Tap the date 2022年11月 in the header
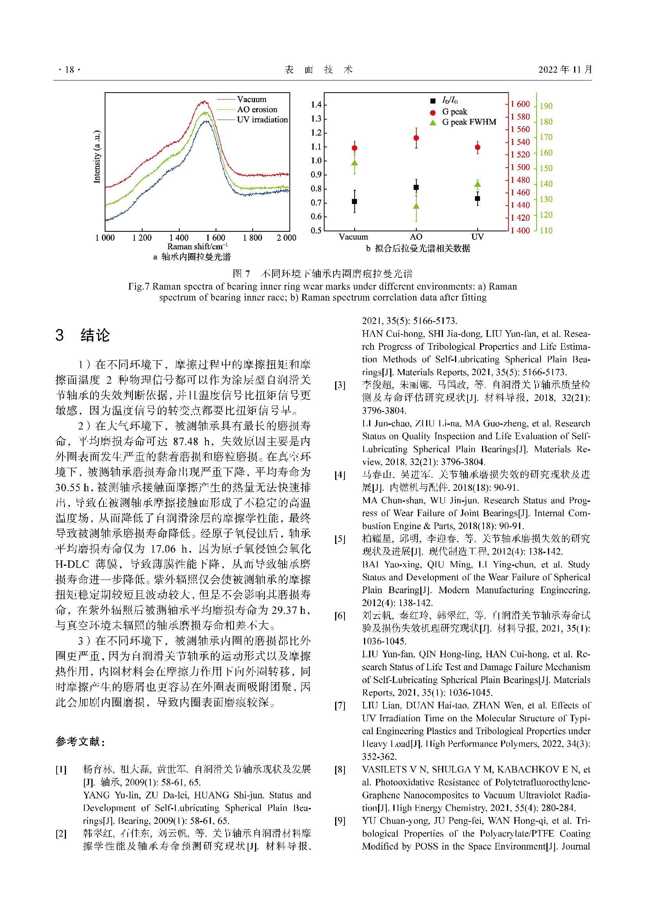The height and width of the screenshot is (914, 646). tap(565, 70)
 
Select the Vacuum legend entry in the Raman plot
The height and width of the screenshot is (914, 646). tap(252, 99)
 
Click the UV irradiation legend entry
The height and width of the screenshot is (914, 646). tap(262, 120)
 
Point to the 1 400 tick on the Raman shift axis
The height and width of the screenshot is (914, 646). tap(178, 238)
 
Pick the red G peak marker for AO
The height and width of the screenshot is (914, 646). tap(416, 138)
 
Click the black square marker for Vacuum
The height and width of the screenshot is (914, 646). tap(354, 201)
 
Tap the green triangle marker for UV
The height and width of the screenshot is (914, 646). tap(477, 184)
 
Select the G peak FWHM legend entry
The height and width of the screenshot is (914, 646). tap(469, 122)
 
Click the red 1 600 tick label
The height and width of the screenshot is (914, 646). tap(520, 104)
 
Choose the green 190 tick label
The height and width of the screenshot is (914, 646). tap(546, 106)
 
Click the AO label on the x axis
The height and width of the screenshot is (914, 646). tap(416, 237)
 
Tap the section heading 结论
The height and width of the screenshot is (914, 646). tap(95, 335)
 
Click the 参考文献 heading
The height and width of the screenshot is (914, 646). tap(80, 742)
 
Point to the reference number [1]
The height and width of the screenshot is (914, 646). tap(61, 769)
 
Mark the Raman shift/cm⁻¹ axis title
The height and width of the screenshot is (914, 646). tap(197, 247)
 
